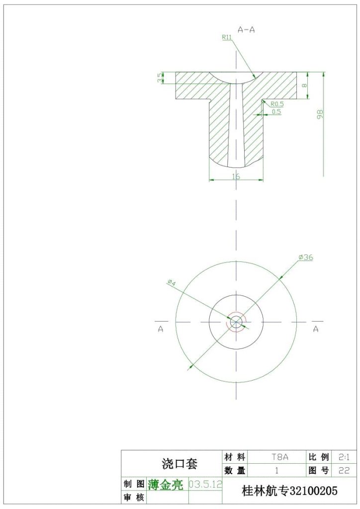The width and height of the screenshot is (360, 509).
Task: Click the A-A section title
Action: pos(246,30)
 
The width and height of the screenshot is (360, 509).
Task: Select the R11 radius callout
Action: pos(227,37)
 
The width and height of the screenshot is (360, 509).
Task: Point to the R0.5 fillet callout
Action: pos(277,104)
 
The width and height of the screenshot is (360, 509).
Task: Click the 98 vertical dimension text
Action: pos(321,114)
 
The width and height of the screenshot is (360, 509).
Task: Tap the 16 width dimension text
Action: pos(236,176)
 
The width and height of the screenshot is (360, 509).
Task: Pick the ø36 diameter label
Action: pos(306,257)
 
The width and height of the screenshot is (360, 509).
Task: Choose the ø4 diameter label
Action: pos(172,282)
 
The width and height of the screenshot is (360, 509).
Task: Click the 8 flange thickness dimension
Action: pos(304,85)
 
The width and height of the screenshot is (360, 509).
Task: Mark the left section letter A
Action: pos(161,329)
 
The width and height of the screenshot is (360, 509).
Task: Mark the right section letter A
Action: pos(315,329)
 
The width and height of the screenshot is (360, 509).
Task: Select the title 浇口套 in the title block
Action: pos(180,464)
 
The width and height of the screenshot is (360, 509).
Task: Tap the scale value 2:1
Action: pos(344,456)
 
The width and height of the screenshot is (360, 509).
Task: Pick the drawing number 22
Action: pos(344,470)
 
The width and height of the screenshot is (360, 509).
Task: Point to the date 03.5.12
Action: pos(205,484)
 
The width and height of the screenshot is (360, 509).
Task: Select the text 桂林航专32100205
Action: pos(289,491)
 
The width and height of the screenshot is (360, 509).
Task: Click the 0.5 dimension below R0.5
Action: pos(276,112)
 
